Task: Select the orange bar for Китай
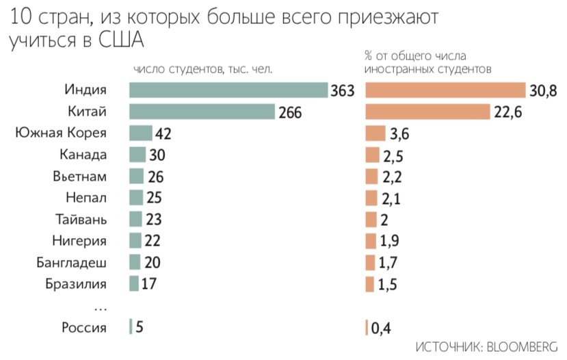428,112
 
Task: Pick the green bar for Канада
137,155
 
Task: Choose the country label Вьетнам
79,177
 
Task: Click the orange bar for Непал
372,198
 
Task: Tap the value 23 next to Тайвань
153,220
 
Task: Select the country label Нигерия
79,241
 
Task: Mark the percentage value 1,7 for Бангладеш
390,263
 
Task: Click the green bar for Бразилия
133,284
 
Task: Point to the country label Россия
84,327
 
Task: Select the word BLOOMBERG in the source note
523,346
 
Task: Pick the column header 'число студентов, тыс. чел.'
203,69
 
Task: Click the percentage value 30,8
542,90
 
